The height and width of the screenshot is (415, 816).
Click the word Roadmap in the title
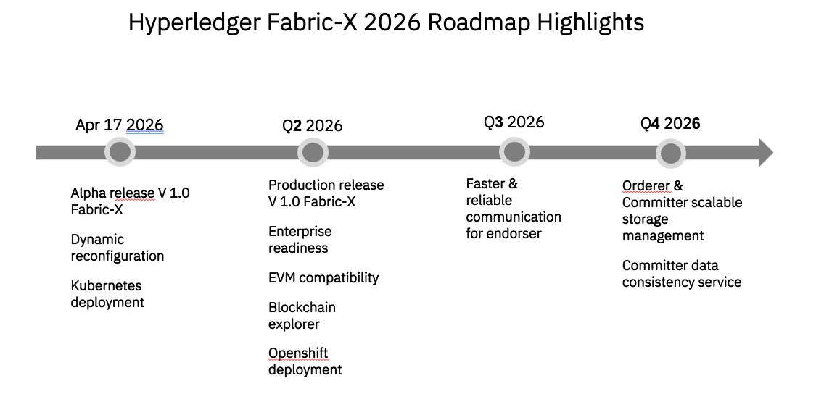tap(478, 22)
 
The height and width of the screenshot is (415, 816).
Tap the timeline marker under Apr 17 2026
tap(120, 152)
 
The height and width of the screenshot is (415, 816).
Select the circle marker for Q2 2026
tap(312, 153)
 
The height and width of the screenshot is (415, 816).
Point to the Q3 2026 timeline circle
tap(514, 152)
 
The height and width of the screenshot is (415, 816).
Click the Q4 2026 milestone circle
tap(670, 154)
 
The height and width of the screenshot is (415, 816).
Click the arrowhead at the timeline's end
tap(766, 152)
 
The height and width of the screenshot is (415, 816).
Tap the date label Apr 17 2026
tap(119, 125)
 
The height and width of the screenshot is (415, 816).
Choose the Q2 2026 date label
tap(312, 126)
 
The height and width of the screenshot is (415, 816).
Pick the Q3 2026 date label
tap(514, 122)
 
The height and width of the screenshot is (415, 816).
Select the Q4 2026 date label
tap(670, 124)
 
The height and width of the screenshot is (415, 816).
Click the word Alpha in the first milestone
tap(88, 193)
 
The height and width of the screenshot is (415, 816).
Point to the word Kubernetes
tap(106, 285)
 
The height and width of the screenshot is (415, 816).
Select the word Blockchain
tap(302, 308)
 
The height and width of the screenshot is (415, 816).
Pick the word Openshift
tap(298, 353)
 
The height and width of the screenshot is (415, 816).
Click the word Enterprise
tap(300, 232)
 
